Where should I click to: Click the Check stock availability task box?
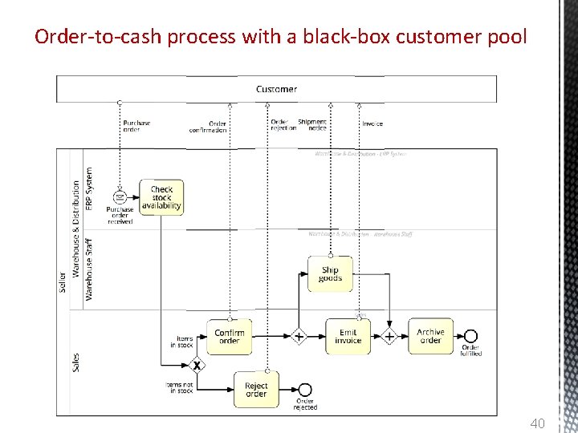161,197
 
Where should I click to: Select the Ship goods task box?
330,274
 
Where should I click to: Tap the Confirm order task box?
230,336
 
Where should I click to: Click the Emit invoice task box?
348,336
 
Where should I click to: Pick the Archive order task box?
430,336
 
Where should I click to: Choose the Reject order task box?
256,390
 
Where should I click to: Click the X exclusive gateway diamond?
196,366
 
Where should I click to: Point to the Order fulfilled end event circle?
470,336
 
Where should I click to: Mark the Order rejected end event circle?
304,390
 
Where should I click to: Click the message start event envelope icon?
120,196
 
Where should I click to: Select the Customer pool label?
276,89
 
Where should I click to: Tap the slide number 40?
537,423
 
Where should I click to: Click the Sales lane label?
76,362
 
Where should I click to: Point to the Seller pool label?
63,281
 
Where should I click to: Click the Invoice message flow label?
372,123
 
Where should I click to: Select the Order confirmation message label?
208,127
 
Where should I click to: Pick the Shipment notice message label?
312,125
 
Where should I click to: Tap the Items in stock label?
181,342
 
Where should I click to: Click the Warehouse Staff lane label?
89,268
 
